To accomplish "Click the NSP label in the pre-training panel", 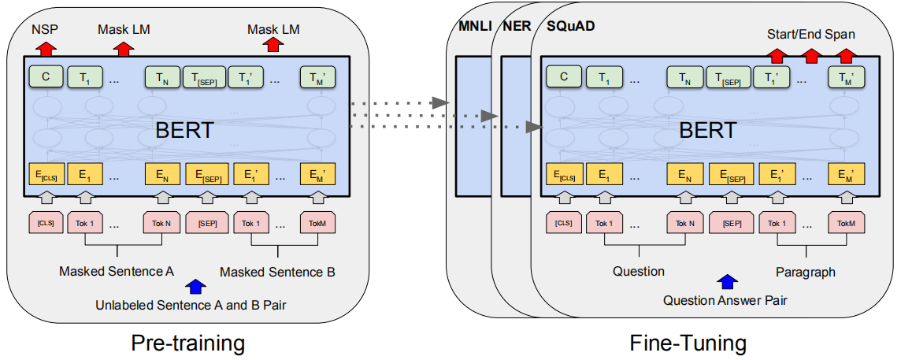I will [44, 29].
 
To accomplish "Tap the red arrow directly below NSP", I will [46, 47].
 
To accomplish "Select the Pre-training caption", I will [187, 343].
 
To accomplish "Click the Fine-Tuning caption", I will [688, 343].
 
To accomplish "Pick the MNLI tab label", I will [475, 26].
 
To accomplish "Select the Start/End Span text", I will [810, 35].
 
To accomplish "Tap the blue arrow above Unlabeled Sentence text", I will [195, 287].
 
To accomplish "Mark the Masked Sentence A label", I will [117, 272].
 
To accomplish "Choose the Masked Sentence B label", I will [277, 272].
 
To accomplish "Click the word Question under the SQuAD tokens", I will [639, 271].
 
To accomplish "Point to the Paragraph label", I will [804, 271].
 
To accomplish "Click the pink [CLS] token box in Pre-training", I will [45, 223].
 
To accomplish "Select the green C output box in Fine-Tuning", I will [563, 76].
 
